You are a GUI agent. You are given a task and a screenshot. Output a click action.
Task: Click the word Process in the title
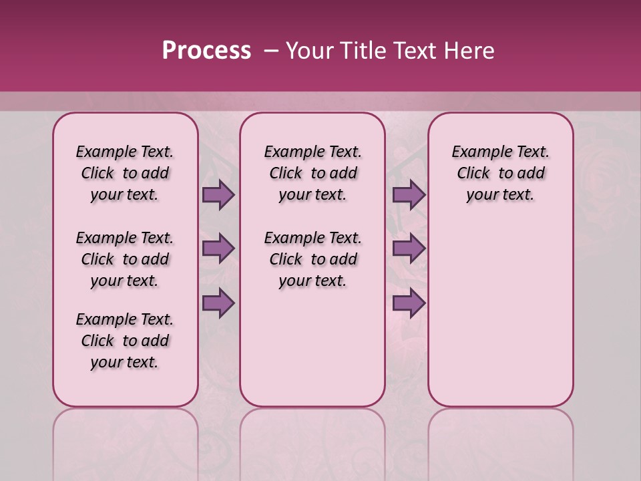206,50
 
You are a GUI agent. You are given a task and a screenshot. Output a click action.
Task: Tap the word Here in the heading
470,51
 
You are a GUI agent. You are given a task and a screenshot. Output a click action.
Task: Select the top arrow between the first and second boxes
218,195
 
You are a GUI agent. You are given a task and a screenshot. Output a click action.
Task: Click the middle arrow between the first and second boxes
218,249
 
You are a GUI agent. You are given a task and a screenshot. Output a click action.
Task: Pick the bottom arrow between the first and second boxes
218,303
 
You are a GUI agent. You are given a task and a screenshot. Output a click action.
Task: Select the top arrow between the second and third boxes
409,195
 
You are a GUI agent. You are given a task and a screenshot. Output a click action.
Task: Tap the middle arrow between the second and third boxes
409,249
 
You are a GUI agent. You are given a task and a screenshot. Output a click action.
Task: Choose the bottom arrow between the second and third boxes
409,303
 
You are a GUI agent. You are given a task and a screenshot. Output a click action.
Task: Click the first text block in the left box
125,173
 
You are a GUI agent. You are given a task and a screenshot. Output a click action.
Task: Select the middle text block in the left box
125,259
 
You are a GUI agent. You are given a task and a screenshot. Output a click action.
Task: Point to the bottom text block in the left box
125,341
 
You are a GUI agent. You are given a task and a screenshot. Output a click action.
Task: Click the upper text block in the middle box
313,173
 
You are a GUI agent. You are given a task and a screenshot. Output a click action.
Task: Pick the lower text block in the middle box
313,259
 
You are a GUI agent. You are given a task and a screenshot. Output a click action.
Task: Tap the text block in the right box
501,173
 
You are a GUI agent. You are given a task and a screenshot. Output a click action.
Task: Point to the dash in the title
271,51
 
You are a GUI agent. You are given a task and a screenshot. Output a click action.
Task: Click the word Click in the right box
473,174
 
